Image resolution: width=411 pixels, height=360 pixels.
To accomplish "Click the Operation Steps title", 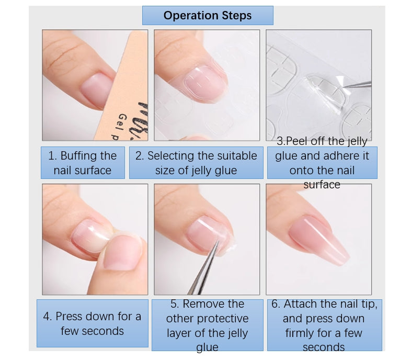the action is (208, 16).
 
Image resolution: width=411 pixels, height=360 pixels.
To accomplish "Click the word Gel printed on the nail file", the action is (124, 121).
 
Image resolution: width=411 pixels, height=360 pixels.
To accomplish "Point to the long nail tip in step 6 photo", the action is (319, 240).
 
